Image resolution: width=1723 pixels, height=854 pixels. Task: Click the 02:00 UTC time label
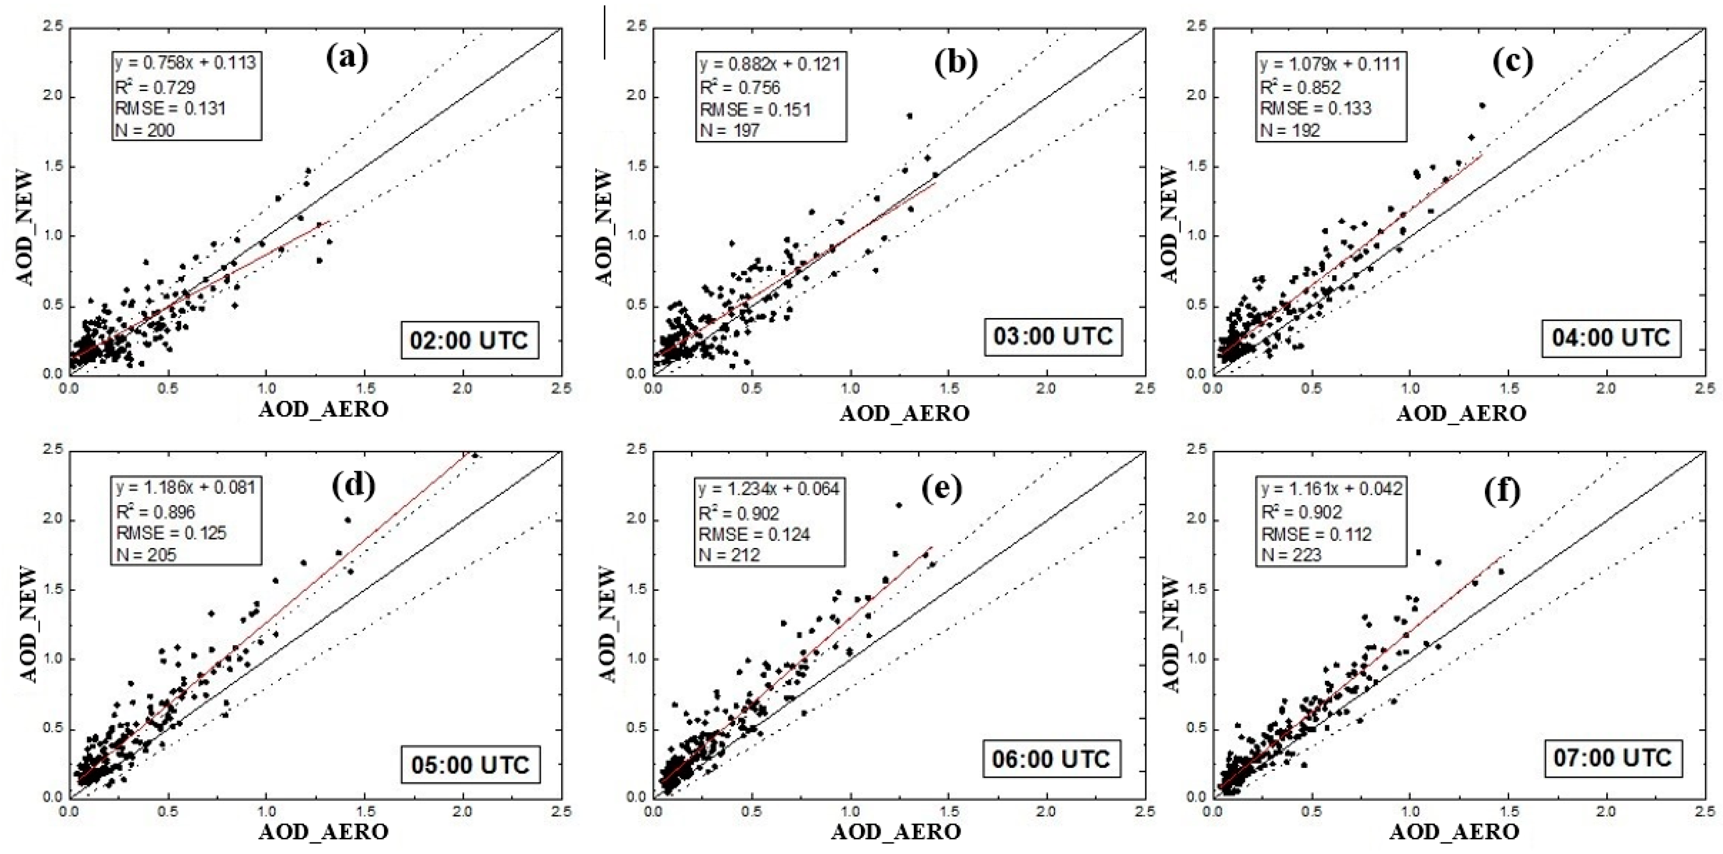469,340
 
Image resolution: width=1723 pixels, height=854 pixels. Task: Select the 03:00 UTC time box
1053,336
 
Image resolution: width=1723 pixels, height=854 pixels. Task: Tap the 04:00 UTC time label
1611,338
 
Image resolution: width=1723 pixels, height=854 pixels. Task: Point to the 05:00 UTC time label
470,764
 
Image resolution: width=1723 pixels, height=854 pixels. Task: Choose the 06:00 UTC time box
1051,759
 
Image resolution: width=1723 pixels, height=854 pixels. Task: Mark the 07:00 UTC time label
1612,758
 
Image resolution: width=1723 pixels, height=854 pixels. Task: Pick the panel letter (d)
353,486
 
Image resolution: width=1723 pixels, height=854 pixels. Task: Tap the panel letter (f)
1502,492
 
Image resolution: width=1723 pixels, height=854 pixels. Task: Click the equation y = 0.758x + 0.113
185,63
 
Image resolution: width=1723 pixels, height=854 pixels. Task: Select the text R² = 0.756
740,88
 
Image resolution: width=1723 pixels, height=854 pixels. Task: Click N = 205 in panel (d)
146,555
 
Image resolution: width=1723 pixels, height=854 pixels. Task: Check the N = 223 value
1292,555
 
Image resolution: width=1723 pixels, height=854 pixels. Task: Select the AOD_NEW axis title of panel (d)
29,624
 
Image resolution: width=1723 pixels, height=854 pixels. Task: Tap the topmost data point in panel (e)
899,505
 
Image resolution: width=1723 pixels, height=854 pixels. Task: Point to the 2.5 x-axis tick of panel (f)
1705,811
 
